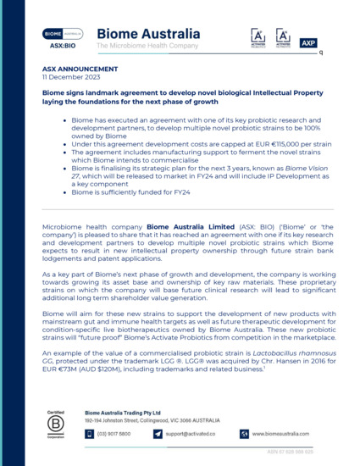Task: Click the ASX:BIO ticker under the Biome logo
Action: pos(63,45)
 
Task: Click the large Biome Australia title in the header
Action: pos(149,34)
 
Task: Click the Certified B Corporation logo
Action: pos(58,424)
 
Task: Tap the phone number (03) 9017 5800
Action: pos(114,434)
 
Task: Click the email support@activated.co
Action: pos(193,434)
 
